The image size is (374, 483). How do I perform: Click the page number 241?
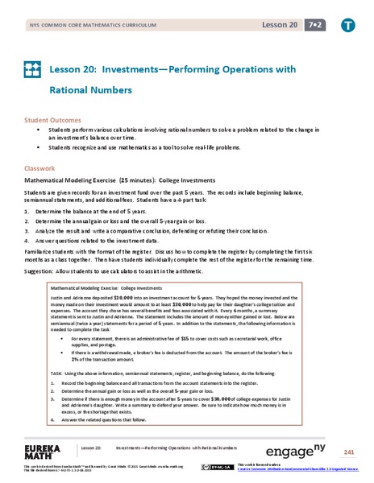(349, 452)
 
